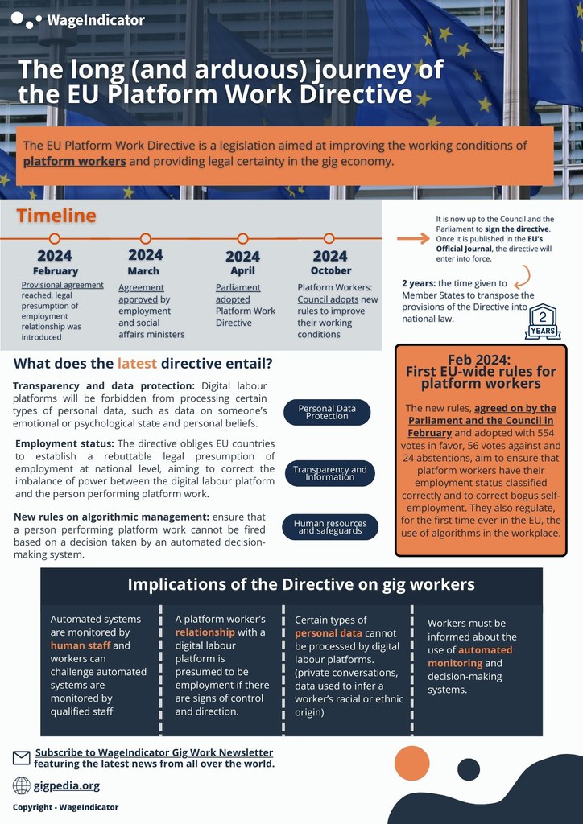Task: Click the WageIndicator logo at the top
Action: [x=78, y=20]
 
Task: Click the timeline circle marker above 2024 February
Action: [x=55, y=238]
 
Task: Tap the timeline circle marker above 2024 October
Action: [x=329, y=238]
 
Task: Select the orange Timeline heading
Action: [x=56, y=216]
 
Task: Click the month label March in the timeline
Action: [x=143, y=271]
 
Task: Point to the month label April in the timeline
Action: [x=242, y=271]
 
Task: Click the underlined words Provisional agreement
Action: [x=62, y=285]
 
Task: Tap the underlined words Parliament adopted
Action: [x=238, y=293]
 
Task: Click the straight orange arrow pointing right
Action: [x=413, y=239]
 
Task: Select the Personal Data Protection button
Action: [x=327, y=412]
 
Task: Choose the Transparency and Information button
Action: [x=329, y=473]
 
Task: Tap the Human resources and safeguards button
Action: [x=329, y=527]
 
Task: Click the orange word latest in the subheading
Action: [x=137, y=363]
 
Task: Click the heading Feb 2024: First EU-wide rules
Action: [x=481, y=371]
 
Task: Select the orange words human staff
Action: [x=79, y=645]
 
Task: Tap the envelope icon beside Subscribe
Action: [x=22, y=757]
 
